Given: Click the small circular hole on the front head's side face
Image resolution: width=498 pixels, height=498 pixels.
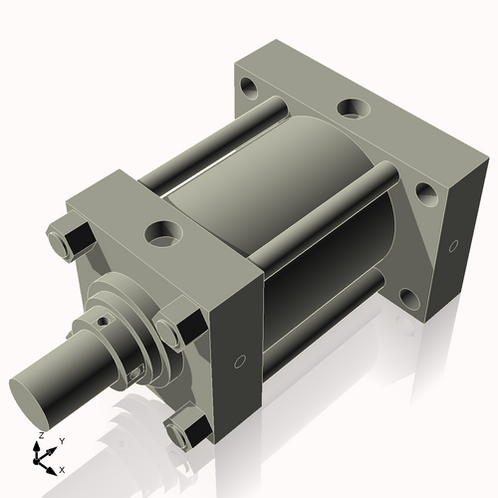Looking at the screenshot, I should pyautogui.click(x=240, y=363).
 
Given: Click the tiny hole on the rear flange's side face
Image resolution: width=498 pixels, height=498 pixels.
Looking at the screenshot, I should pyautogui.click(x=453, y=244).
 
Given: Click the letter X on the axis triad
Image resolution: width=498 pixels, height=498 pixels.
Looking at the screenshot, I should pyautogui.click(x=62, y=469).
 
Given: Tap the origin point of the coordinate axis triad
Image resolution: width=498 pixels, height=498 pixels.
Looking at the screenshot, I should pyautogui.click(x=43, y=457).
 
